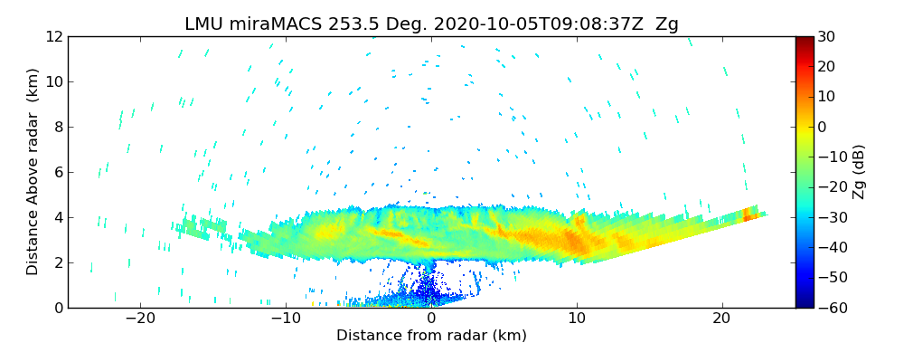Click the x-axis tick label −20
(x=140, y=319)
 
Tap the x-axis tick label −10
(x=286, y=319)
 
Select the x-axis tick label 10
(x=577, y=319)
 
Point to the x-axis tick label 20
(x=721, y=319)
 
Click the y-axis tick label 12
(x=52, y=36)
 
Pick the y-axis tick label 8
(x=57, y=127)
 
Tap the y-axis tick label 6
(x=57, y=172)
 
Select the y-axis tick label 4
(x=57, y=217)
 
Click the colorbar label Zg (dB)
(x=860, y=172)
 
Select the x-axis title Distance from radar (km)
(x=431, y=336)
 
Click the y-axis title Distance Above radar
(x=33, y=172)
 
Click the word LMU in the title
(x=204, y=24)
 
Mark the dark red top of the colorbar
(x=804, y=40)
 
